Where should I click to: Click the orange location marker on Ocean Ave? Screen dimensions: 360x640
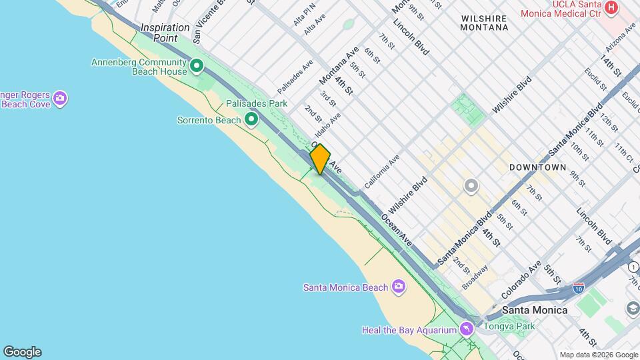click(320, 159)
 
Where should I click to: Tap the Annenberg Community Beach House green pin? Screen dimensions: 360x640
click(197, 66)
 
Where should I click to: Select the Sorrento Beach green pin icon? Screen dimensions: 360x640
click(251, 120)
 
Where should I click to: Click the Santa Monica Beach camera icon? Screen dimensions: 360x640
click(399, 287)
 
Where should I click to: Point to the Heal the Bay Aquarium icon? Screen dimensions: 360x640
click(467, 329)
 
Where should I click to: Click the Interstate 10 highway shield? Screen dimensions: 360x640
click(579, 289)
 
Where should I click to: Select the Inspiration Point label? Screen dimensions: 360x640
click(165, 32)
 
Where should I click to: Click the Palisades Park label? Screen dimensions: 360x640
click(256, 103)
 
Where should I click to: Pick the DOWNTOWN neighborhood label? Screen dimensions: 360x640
click(537, 167)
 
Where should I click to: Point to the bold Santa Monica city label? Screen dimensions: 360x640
click(535, 310)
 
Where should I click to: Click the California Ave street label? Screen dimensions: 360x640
click(382, 171)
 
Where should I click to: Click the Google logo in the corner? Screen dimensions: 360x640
click(22, 352)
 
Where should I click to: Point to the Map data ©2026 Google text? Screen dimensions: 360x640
click(599, 355)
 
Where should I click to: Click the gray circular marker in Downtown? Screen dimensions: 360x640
click(471, 185)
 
